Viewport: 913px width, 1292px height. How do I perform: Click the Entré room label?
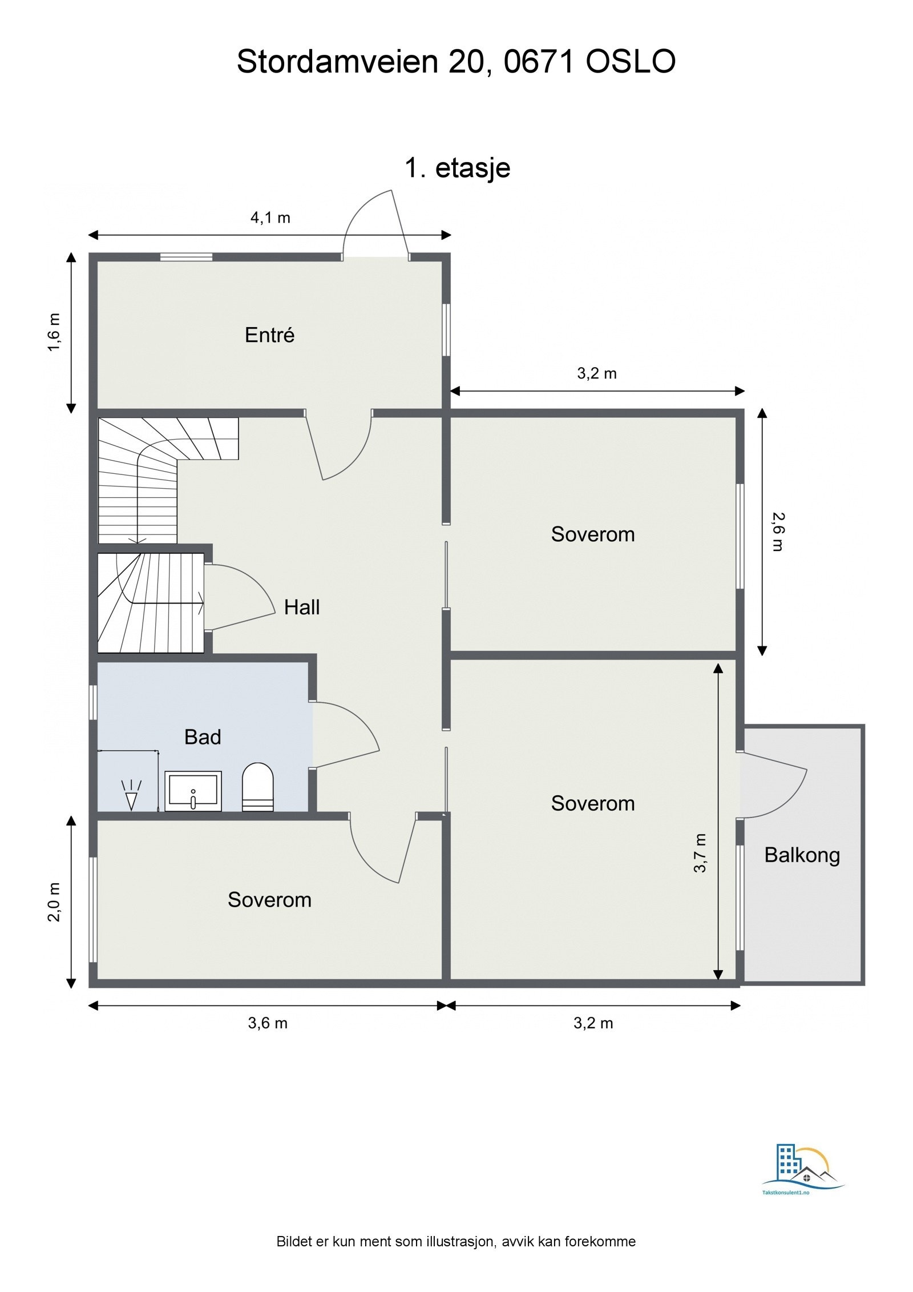[x=269, y=335]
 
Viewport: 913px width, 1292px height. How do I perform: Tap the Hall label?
[x=301, y=607]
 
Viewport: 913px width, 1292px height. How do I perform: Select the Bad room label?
[x=202, y=737]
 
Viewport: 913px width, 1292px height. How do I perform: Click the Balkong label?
[x=802, y=855]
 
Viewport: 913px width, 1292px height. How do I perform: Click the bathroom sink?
[x=193, y=791]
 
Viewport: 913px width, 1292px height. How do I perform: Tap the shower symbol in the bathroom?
[x=132, y=794]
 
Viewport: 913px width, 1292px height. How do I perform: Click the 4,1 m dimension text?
[x=270, y=218]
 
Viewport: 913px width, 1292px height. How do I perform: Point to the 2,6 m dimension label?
[x=778, y=532]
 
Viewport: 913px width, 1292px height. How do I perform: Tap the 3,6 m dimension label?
[x=267, y=1023]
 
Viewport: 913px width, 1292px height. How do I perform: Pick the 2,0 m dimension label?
[x=54, y=902]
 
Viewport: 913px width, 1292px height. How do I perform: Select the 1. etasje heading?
[x=457, y=168]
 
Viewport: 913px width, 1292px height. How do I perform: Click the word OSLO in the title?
[x=631, y=62]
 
